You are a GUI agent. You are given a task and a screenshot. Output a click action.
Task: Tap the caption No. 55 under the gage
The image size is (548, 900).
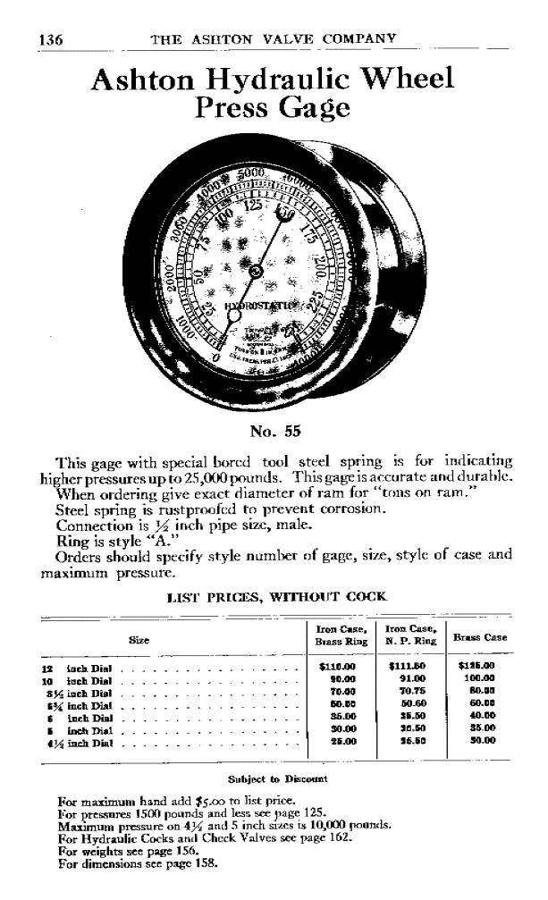click(274, 432)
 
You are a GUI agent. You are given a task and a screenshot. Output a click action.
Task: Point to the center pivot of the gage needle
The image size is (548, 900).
click(256, 269)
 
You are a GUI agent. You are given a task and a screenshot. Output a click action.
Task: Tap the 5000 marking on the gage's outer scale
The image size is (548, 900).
click(255, 172)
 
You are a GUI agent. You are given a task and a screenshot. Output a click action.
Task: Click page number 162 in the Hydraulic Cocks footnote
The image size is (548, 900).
click(385, 840)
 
